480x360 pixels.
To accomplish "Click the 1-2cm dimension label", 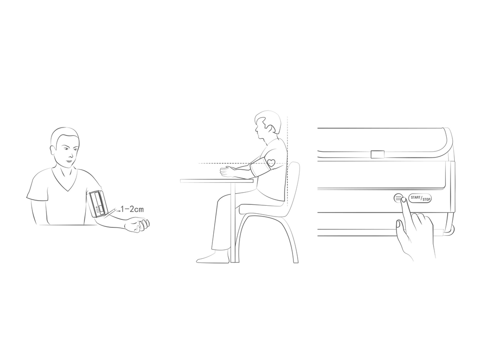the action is click(132, 210).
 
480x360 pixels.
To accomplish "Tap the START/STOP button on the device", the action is click(420, 198).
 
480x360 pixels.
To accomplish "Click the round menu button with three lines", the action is click(397, 198).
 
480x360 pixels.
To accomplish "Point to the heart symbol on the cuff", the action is click(271, 163).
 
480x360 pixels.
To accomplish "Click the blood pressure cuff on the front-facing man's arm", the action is click(98, 203).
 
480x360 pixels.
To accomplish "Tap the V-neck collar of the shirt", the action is click(66, 180).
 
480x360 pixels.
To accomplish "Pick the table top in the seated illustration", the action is click(217, 181).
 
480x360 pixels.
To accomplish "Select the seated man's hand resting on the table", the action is click(227, 172).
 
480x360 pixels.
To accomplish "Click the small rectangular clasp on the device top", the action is click(377, 154).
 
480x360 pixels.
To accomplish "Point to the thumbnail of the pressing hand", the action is click(398, 224).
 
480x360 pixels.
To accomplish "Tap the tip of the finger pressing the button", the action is click(404, 199).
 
